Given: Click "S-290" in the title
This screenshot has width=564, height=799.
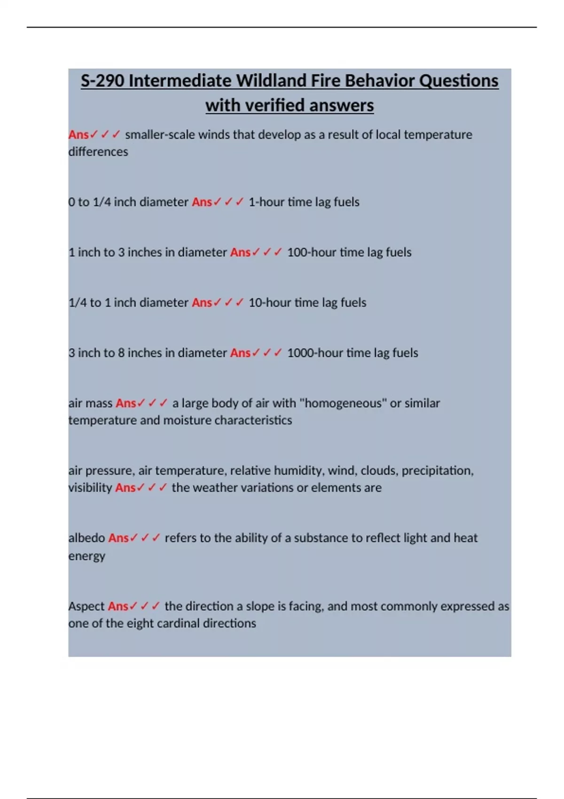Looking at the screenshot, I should click(x=102, y=81).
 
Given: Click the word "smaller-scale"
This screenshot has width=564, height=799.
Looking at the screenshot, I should click(x=160, y=135).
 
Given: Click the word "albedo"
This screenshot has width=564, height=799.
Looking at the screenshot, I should click(x=86, y=538).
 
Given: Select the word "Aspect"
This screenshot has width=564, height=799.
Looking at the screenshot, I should click(x=86, y=606).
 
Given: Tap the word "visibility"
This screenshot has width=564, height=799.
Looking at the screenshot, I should click(x=90, y=488).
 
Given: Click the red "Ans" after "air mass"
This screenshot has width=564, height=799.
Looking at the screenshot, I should click(x=125, y=403).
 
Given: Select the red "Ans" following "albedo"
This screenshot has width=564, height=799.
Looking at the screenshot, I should click(x=118, y=538).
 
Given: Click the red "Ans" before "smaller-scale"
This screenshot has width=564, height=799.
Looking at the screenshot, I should click(x=78, y=135).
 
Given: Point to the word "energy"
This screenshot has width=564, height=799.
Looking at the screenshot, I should click(x=86, y=556).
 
